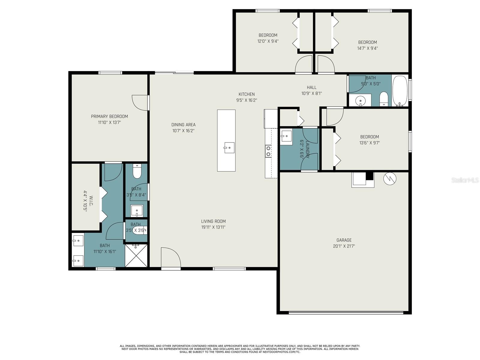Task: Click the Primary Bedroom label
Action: point(109,116)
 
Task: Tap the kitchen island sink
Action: point(229,148)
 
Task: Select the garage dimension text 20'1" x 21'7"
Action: point(344,246)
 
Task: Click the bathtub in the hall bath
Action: point(400,91)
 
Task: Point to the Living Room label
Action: point(213,221)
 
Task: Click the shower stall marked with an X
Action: point(136,255)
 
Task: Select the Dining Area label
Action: point(183,125)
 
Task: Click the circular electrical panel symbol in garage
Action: point(390,179)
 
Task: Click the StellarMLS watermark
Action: point(465,180)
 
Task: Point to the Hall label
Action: point(311,87)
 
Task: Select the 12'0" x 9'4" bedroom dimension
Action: point(268,41)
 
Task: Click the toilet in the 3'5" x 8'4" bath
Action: point(137,171)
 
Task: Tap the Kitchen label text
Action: point(247,94)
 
